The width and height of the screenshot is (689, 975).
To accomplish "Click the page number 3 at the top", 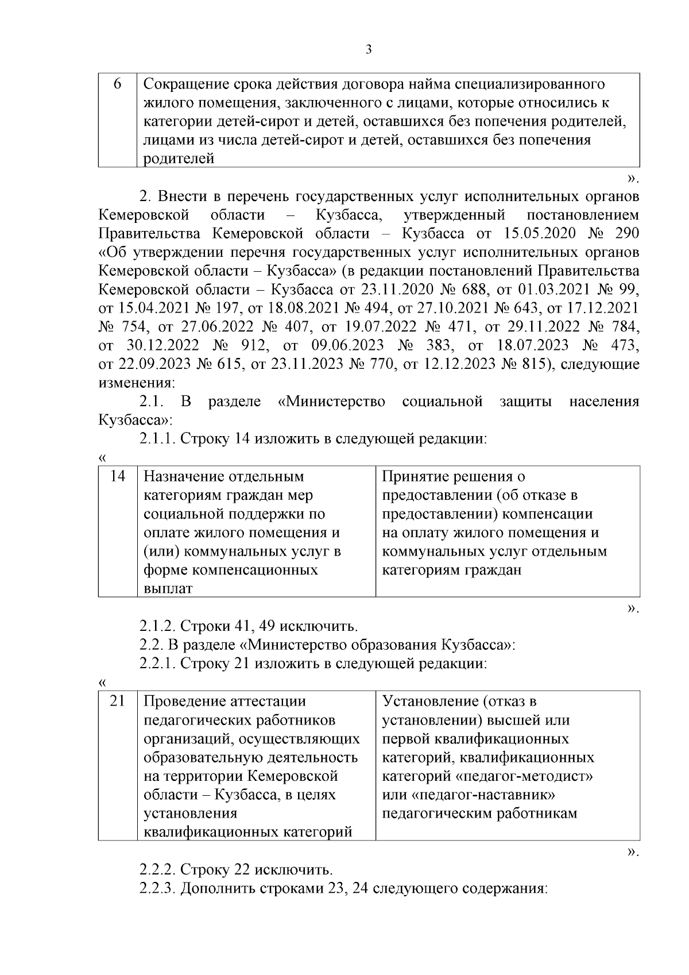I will click(369, 50).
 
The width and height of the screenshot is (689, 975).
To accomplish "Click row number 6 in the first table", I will click(117, 84).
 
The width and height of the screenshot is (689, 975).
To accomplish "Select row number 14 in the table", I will click(117, 476).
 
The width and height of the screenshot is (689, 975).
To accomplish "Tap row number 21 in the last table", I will click(117, 701).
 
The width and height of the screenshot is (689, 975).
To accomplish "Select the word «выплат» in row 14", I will click(168, 589).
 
